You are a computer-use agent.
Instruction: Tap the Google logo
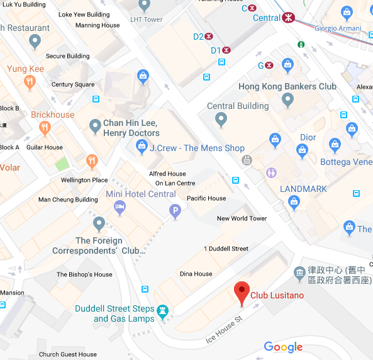(x=283, y=347)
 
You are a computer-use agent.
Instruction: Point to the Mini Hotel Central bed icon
(x=120, y=207)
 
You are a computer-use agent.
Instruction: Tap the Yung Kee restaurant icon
(x=29, y=82)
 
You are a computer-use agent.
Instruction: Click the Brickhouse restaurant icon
(x=44, y=128)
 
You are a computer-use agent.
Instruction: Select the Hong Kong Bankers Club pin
(x=287, y=99)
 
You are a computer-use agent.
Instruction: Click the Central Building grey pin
(x=221, y=119)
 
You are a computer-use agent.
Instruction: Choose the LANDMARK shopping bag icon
(x=294, y=201)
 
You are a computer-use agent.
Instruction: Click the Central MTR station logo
(x=289, y=18)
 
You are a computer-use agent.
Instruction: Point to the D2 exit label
(x=198, y=37)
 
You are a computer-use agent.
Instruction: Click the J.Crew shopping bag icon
(x=142, y=148)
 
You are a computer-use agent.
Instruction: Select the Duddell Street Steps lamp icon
(x=164, y=311)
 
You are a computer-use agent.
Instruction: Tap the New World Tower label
(x=242, y=218)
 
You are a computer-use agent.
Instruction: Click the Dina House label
(x=196, y=274)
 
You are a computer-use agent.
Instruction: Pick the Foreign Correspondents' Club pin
(x=99, y=223)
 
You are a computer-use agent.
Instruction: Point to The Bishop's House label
(x=84, y=274)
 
